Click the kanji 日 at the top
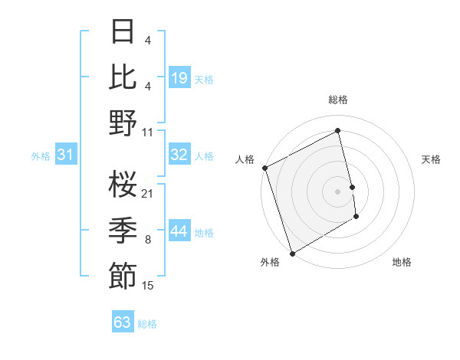123,33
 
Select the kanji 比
123,77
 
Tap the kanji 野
123,123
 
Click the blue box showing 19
179,78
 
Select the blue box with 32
179,155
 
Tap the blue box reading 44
179,231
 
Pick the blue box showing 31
65,155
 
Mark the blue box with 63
123,322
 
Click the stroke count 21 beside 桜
148,193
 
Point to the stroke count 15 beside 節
148,286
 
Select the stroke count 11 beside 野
148,131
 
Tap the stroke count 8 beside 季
148,240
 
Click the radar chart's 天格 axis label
432,159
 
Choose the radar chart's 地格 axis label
402,262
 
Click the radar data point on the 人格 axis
264,168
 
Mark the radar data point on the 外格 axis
292,254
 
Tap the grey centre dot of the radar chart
338,191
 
